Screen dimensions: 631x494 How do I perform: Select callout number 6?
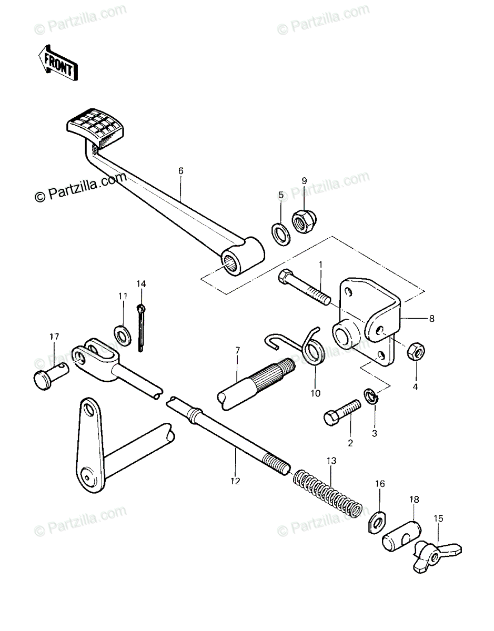point(180,170)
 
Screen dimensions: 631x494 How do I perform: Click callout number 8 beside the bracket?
point(432,319)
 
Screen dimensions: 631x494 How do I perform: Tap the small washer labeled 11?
point(123,335)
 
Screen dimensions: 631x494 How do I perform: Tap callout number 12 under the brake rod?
point(235,481)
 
